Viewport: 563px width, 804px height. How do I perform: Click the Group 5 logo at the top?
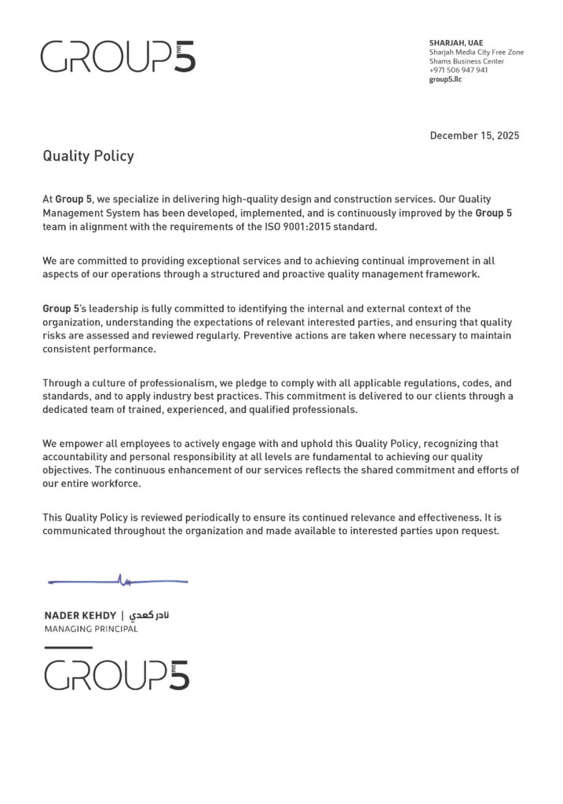pyautogui.click(x=118, y=57)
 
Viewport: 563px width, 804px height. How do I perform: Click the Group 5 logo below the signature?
pyautogui.click(x=116, y=674)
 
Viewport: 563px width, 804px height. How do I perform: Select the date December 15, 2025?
pyautogui.click(x=474, y=135)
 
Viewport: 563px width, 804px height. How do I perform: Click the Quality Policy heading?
pyautogui.click(x=88, y=156)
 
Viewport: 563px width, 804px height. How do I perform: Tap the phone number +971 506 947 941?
pyautogui.click(x=458, y=70)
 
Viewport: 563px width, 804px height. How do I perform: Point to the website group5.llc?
pyautogui.click(x=445, y=79)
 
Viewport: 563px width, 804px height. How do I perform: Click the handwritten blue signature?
pyautogui.click(x=118, y=581)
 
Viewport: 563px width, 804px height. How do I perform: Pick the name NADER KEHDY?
pyautogui.click(x=79, y=615)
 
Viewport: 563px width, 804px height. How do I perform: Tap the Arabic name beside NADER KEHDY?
pyautogui.click(x=147, y=615)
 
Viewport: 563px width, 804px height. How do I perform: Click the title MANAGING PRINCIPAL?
pyautogui.click(x=90, y=629)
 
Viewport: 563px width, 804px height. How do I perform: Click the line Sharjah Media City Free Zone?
pyautogui.click(x=476, y=52)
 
